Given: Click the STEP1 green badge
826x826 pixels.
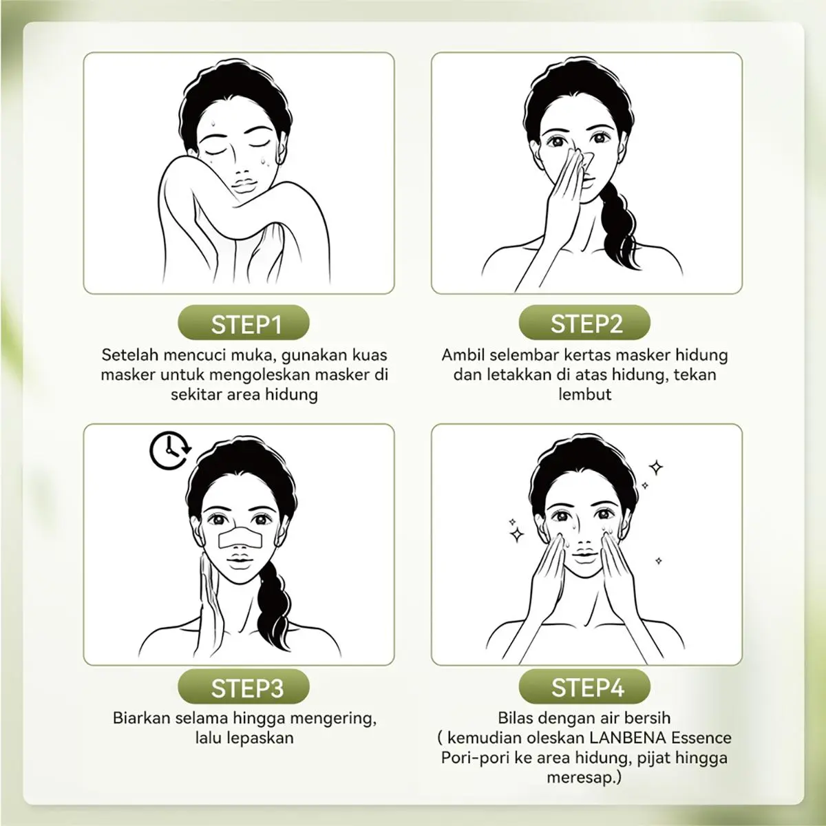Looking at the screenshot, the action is click(x=244, y=322).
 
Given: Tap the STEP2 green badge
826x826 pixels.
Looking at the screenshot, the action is click(x=584, y=322).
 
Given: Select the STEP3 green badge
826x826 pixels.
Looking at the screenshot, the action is click(x=244, y=686).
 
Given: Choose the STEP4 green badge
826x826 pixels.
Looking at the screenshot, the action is click(x=584, y=686).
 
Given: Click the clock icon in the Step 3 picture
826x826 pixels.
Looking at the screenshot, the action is click(x=170, y=450).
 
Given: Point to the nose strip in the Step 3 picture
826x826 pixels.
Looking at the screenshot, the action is click(x=240, y=539).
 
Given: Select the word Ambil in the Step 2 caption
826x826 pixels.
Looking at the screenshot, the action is click(x=463, y=355).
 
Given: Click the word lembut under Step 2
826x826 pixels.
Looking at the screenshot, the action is click(x=584, y=394).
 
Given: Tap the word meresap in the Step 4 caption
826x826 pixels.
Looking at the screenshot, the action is click(x=579, y=778).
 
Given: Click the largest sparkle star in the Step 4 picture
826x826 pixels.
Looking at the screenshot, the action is click(x=517, y=534).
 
